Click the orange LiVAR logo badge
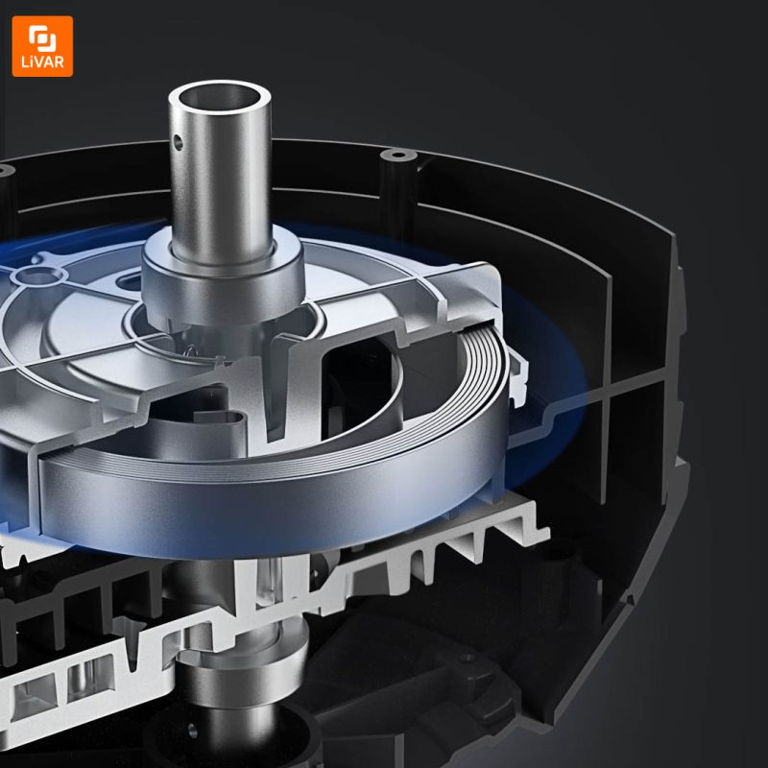pos(42,46)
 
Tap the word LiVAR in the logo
pos(42,62)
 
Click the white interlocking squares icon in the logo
pos(42,37)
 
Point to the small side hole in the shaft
pos(179,142)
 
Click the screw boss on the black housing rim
pos(398,156)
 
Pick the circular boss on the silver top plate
pos(39,276)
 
